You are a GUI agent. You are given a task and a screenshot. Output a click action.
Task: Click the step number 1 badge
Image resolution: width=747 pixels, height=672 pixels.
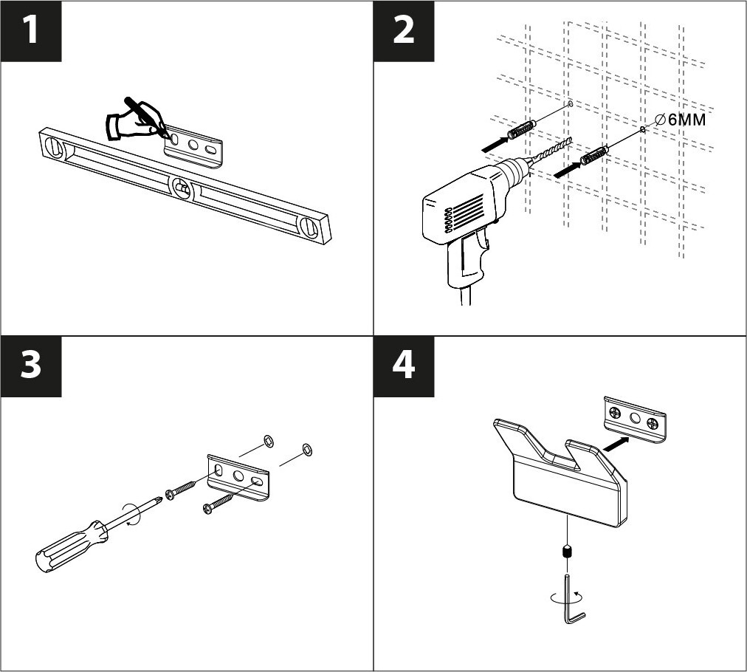tap(30, 31)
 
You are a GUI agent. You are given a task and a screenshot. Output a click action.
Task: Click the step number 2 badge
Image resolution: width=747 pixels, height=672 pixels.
tap(404, 31)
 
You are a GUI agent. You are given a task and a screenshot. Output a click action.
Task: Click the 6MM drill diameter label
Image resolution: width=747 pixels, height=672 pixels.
tap(681, 118)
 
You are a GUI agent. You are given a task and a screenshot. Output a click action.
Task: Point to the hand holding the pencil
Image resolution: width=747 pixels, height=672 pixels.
tap(131, 120)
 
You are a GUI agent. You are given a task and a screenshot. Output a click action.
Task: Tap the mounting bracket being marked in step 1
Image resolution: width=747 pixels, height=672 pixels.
tap(196, 143)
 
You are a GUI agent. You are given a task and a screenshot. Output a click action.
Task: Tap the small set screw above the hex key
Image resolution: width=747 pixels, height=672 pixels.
tap(567, 551)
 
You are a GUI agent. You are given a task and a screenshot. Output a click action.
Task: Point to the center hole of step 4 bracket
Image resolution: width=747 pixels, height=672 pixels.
tap(633, 418)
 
